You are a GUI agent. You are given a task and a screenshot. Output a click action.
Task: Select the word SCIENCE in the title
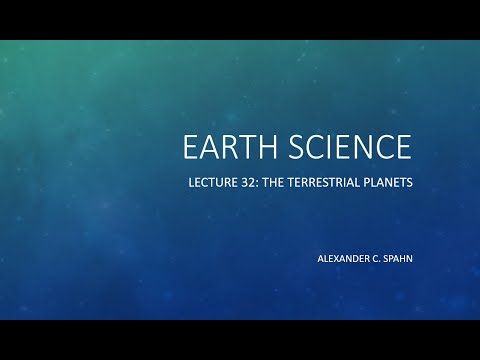point(349,147)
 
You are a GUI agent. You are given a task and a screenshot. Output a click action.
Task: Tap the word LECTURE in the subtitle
point(212,185)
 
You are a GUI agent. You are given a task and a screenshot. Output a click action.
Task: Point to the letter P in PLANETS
point(370,185)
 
